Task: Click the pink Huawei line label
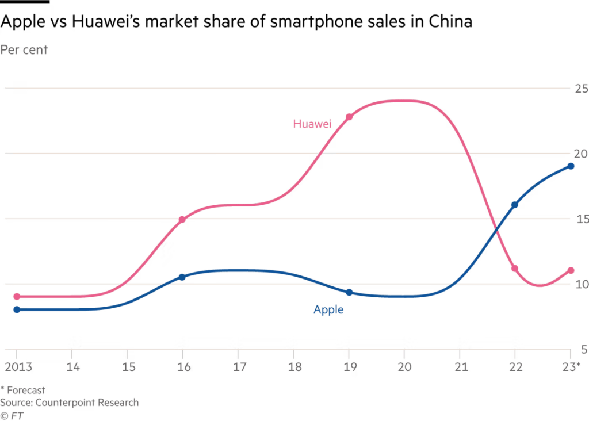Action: pyautogui.click(x=312, y=124)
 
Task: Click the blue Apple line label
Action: pyautogui.click(x=328, y=309)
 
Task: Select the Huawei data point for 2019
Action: pyautogui.click(x=349, y=117)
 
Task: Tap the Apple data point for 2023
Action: pyautogui.click(x=571, y=166)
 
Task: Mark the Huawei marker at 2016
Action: pyautogui.click(x=182, y=219)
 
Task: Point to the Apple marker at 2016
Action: pyautogui.click(x=182, y=277)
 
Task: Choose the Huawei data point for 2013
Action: pyautogui.click(x=17, y=297)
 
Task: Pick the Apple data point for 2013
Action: pyautogui.click(x=17, y=309)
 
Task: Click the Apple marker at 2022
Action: pyautogui.click(x=515, y=205)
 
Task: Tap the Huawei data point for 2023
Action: pyautogui.click(x=571, y=270)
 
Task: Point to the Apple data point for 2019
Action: pyautogui.click(x=349, y=292)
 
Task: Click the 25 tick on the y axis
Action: pyautogui.click(x=581, y=89)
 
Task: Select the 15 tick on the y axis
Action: pyautogui.click(x=581, y=219)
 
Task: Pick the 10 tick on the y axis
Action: pyautogui.click(x=581, y=284)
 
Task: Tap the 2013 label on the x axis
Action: pyautogui.click(x=17, y=366)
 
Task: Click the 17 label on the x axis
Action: pyautogui.click(x=238, y=366)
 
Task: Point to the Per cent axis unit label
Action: pyautogui.click(x=24, y=49)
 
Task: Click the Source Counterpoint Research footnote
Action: pyautogui.click(x=69, y=402)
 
